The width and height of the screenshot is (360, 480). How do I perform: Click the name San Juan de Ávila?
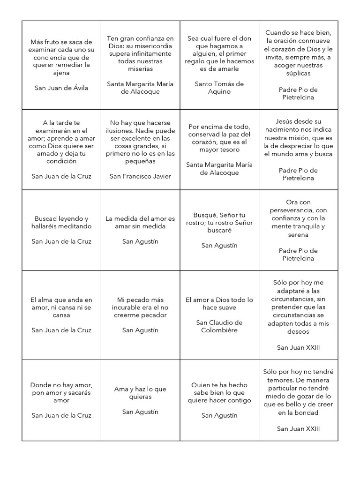tap(61, 88)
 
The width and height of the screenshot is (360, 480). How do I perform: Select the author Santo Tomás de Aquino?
tap(219, 88)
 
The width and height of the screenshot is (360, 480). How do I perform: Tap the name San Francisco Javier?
tap(140, 176)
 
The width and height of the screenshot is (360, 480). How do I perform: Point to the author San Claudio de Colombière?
tap(219, 326)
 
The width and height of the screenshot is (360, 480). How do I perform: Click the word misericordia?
tap(152, 46)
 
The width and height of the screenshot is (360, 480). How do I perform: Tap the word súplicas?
tap(298, 73)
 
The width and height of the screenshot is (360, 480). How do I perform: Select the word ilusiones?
tap(121, 131)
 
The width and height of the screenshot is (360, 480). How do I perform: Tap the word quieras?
tap(140, 397)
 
